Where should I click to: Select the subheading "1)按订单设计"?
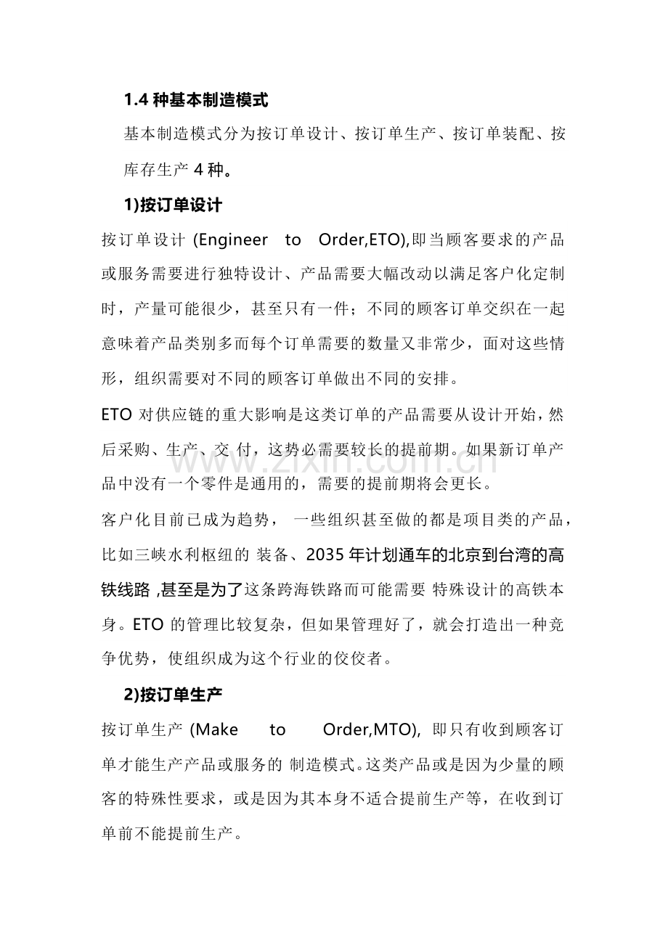point(173,205)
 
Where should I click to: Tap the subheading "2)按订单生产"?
point(173,695)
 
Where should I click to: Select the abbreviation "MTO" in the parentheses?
point(396,729)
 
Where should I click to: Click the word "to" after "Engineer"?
point(293,240)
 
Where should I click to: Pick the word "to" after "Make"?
point(277,729)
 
